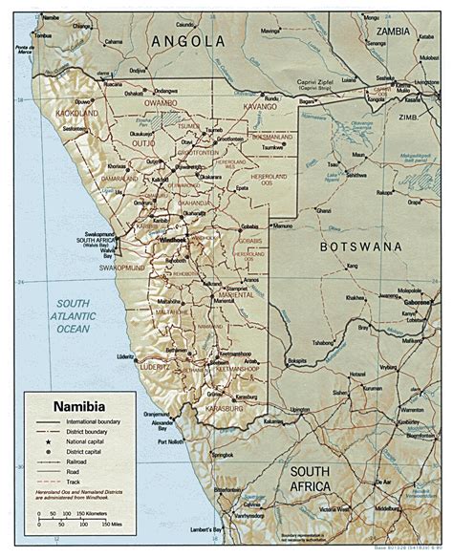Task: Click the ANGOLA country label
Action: tap(187, 41)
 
